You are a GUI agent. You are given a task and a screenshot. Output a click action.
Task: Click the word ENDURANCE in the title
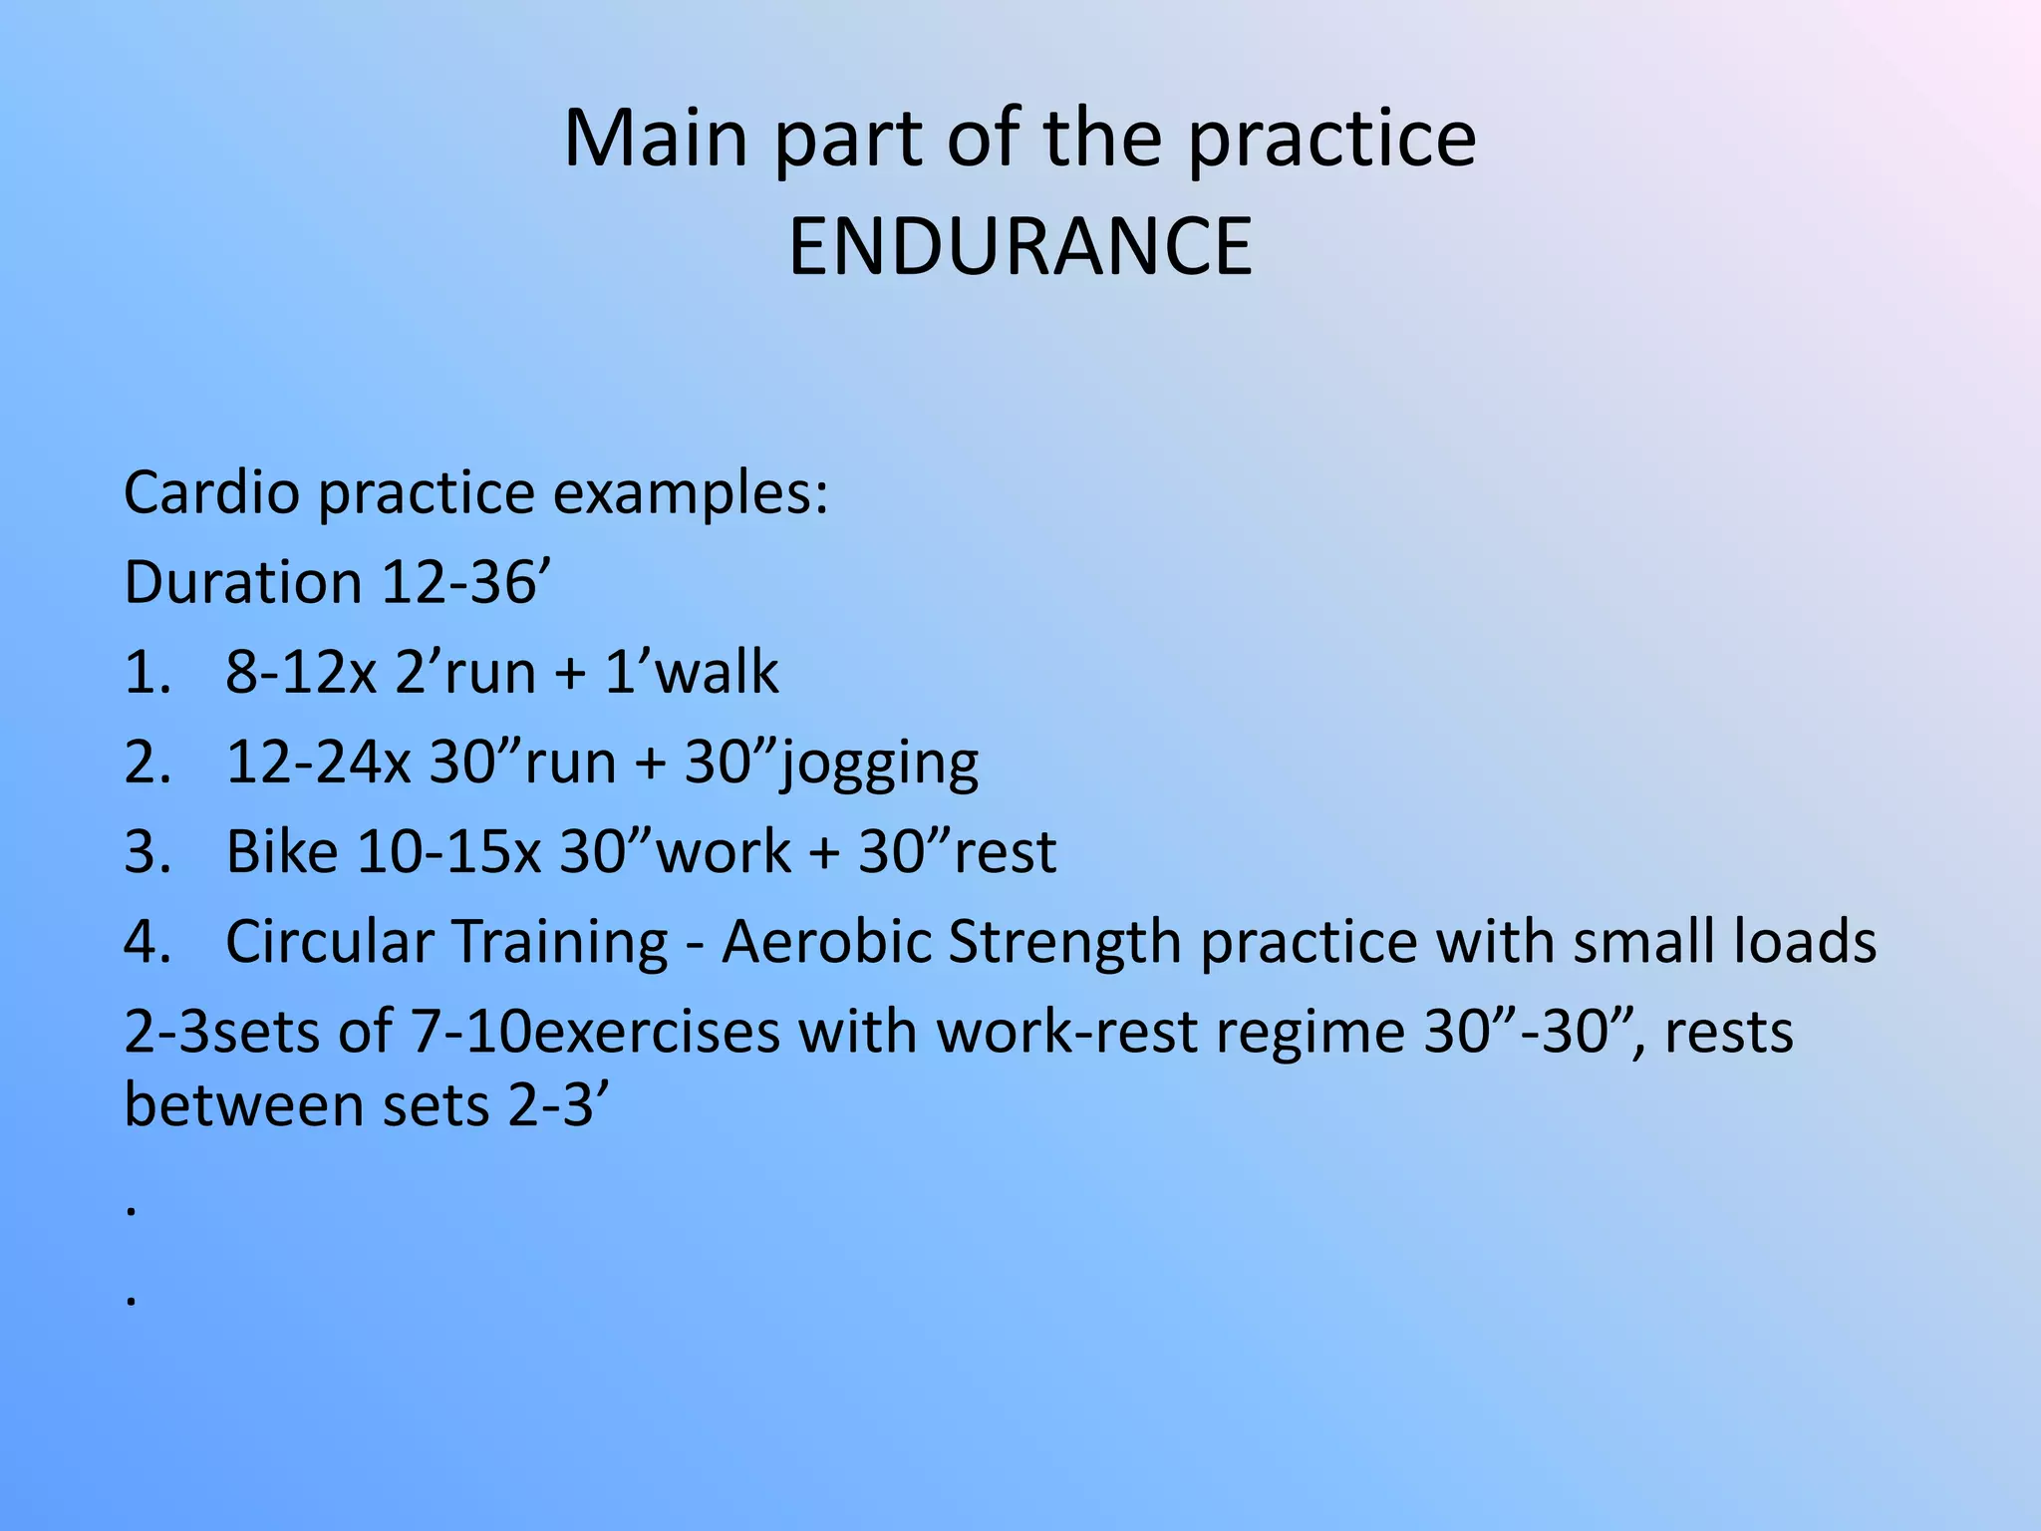coord(1020,247)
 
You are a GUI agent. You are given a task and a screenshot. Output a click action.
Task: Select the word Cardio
coord(211,492)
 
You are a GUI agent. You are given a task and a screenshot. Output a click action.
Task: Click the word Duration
coord(242,582)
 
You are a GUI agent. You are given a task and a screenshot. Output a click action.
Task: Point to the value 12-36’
coord(465,582)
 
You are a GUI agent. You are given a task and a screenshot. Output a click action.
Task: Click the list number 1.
coord(146,672)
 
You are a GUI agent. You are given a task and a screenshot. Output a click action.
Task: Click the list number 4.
coord(147,941)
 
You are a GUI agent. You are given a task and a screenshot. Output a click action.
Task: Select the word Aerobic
coord(826,941)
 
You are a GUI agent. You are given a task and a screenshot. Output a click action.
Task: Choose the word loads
coord(1805,941)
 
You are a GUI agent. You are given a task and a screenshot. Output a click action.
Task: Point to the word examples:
coord(691,492)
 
